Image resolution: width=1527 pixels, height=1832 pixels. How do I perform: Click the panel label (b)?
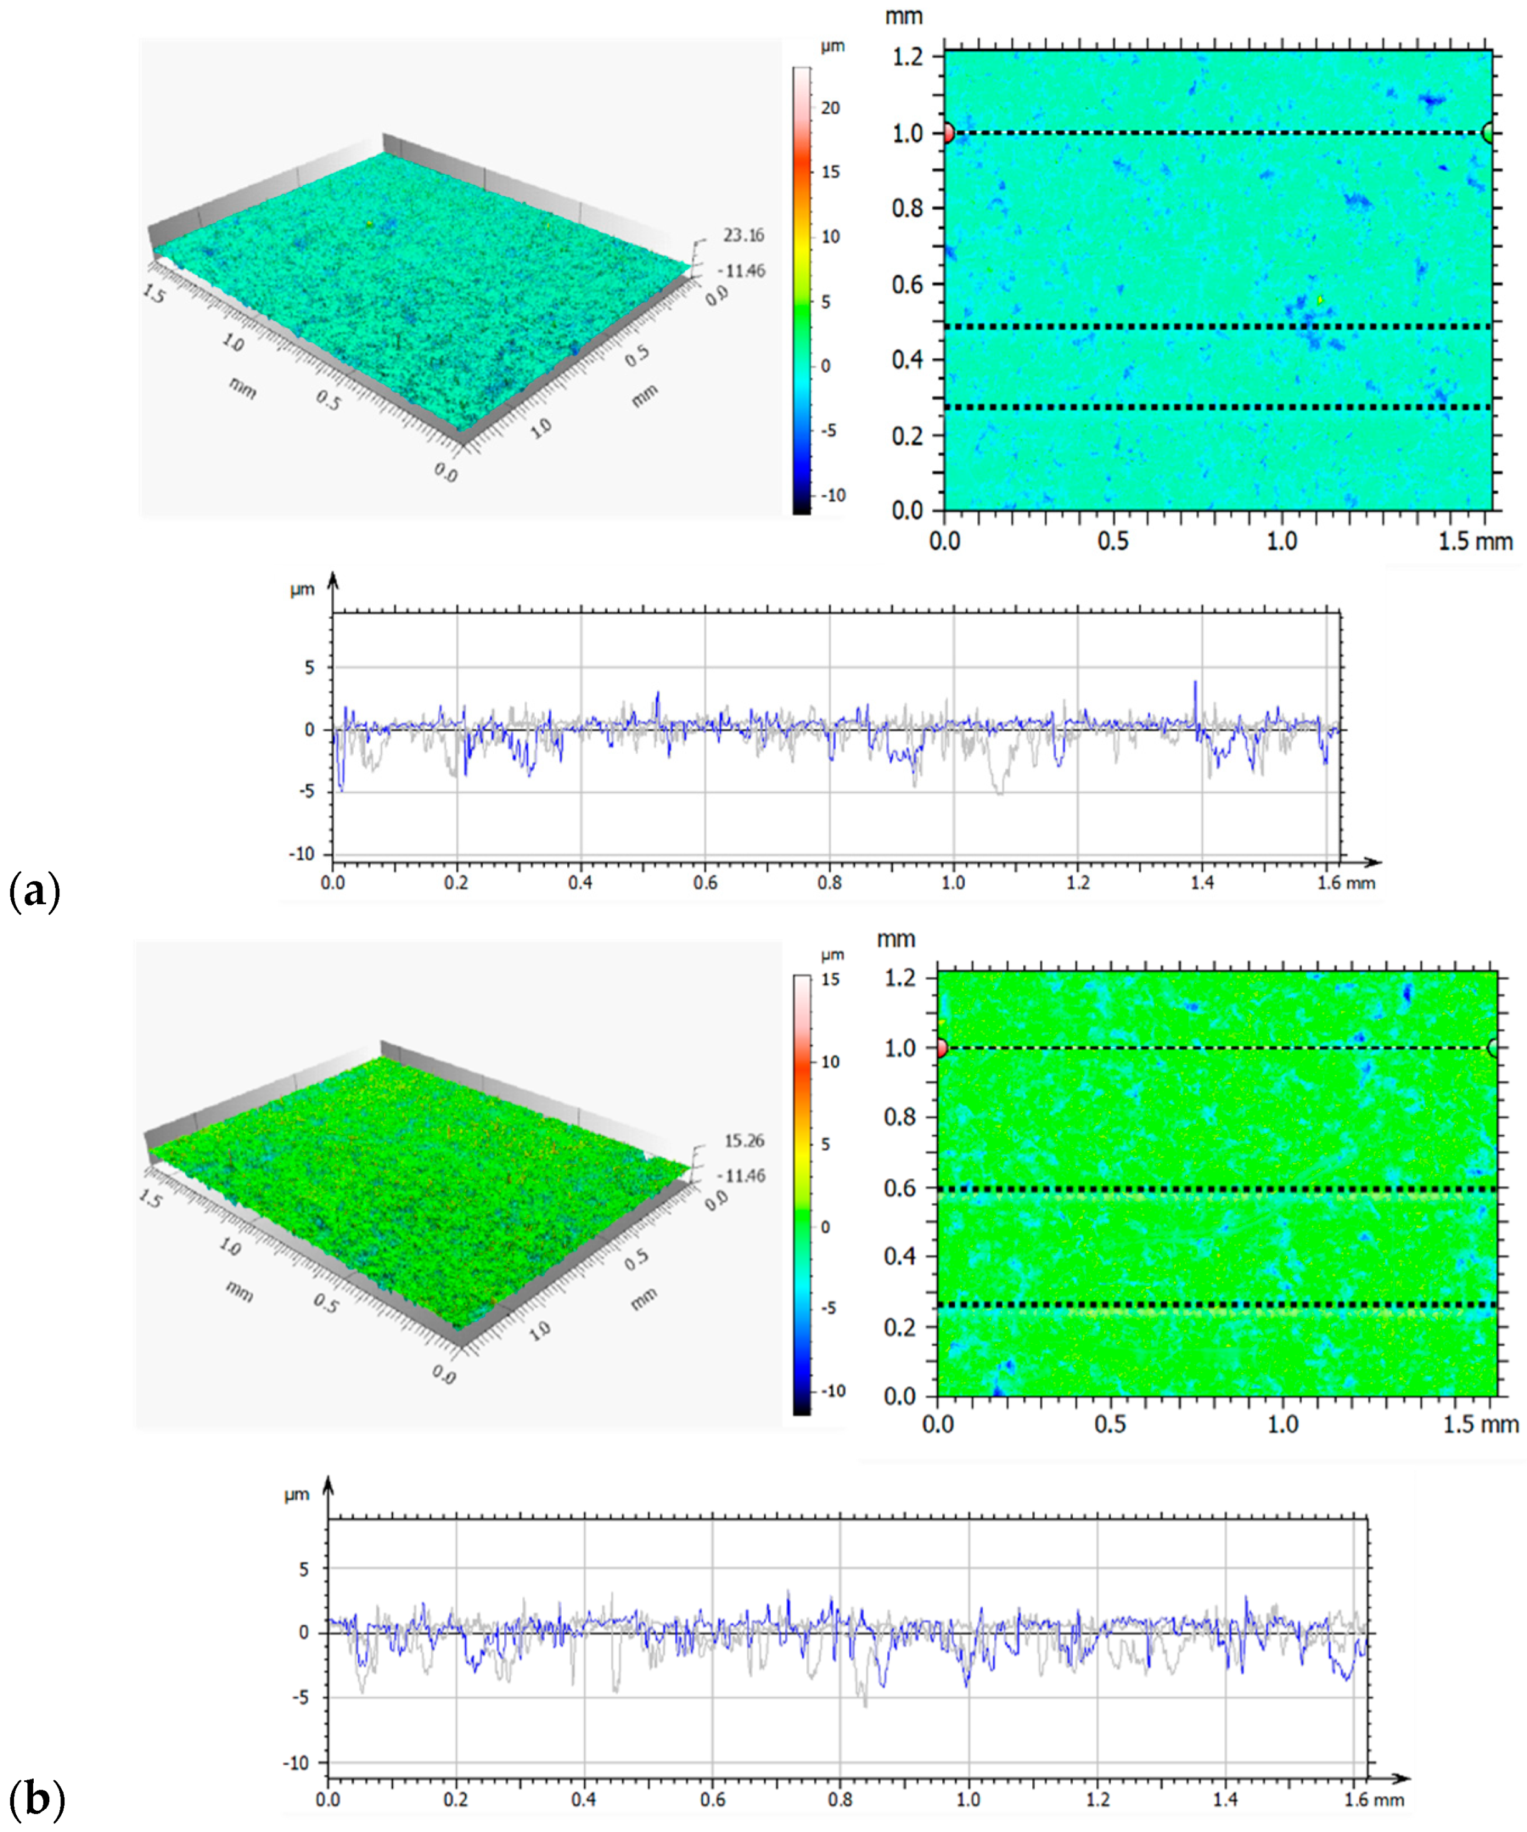(36, 1799)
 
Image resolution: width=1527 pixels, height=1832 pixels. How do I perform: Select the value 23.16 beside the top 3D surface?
(743, 235)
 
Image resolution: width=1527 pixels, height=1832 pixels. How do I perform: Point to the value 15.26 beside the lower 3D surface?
(744, 1140)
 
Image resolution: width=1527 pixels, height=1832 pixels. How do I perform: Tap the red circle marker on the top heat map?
(948, 134)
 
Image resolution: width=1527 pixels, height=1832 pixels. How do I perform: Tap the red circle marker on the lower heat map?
(941, 1048)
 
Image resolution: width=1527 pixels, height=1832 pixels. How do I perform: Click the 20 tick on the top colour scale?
(830, 108)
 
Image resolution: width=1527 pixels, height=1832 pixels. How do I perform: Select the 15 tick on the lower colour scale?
(829, 980)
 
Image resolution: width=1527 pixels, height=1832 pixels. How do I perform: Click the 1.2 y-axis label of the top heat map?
(907, 57)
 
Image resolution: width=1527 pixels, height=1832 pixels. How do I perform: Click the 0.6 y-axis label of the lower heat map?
(900, 1188)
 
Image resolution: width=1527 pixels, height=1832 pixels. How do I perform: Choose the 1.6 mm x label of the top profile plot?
(1345, 883)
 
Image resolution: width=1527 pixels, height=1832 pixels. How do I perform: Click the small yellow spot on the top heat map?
(1320, 300)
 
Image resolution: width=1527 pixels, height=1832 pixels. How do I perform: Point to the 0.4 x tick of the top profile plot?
(581, 883)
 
